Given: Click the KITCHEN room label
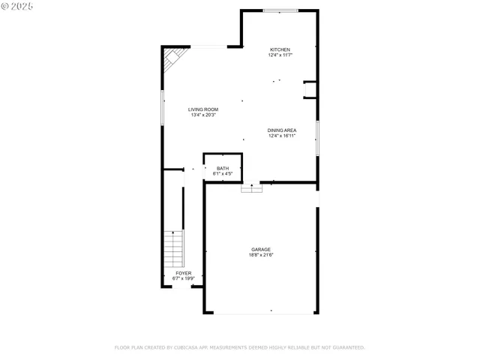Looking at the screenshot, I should [x=280, y=49].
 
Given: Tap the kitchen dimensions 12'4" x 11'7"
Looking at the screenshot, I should [x=280, y=55].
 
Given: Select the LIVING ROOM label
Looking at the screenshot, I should [x=203, y=109].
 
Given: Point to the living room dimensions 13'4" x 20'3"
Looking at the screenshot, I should [x=203, y=115].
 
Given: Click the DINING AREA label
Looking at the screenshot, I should [x=282, y=130].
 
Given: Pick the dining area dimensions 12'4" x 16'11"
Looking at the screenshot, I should [x=282, y=136].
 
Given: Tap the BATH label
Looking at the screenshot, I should [x=223, y=168].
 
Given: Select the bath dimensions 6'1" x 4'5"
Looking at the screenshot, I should [x=223, y=174].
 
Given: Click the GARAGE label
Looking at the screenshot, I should [x=261, y=249].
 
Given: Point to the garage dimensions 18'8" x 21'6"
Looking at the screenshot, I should [x=261, y=255].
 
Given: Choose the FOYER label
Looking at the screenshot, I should [x=184, y=273].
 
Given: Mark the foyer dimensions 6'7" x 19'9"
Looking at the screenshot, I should [x=184, y=279].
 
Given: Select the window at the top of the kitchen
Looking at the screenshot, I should [x=280, y=10].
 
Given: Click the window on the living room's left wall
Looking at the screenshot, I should [x=162, y=107].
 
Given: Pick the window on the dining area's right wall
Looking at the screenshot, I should [x=317, y=138].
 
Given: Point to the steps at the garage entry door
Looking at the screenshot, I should [x=251, y=189].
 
